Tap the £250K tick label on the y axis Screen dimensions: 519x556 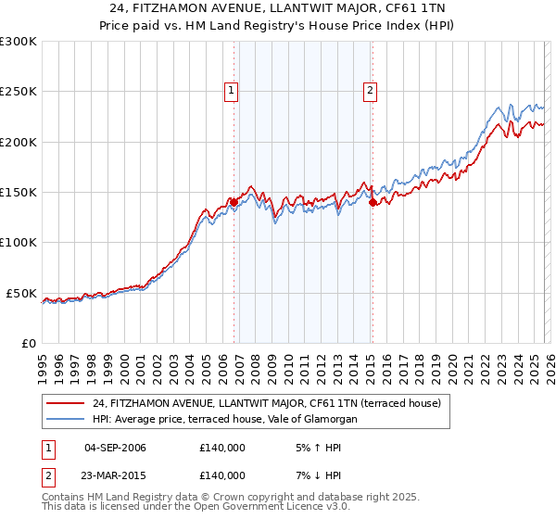(19, 92)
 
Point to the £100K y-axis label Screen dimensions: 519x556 (19, 242)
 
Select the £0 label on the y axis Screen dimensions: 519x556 (28, 343)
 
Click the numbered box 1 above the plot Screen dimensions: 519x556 (231, 90)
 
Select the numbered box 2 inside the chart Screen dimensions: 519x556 (370, 90)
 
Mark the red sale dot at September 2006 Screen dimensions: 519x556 (234, 201)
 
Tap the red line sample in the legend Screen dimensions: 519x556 (66, 403)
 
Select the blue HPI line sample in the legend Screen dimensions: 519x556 (66, 420)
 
